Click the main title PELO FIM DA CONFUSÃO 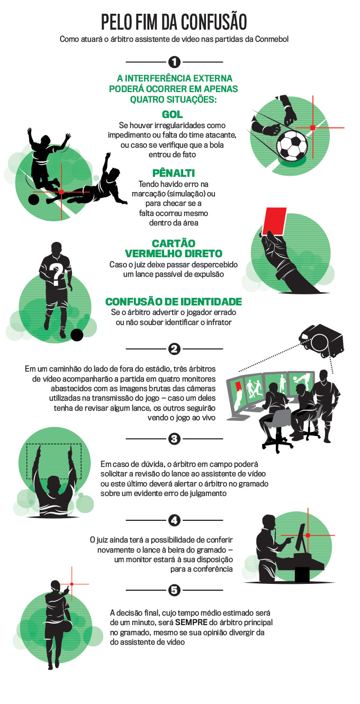pos(174,22)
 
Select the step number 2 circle pos(174,349)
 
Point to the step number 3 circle pos(174,438)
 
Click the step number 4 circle pos(174,520)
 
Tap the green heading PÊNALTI pos(174,173)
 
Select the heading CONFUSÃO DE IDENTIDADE pos(174,302)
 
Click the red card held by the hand pos(274,221)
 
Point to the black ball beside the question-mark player pos(77,335)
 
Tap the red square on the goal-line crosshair pos(312,128)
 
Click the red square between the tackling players pos(61,191)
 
